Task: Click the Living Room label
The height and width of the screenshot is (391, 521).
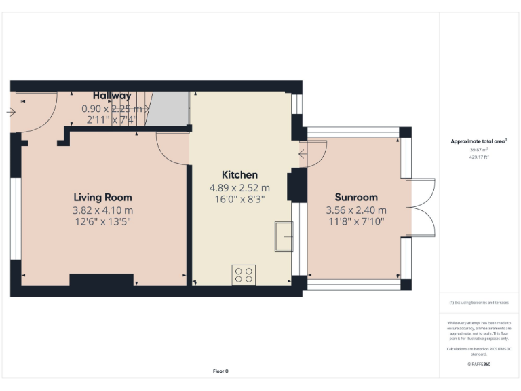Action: click(x=103, y=198)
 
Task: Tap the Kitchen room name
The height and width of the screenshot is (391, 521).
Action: click(x=240, y=174)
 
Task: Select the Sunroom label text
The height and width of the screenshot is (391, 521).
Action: click(x=355, y=198)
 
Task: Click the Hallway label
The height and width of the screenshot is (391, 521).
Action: click(x=112, y=96)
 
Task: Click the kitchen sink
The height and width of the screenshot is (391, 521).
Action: click(x=284, y=236)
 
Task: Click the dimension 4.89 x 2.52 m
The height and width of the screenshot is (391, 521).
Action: click(x=240, y=187)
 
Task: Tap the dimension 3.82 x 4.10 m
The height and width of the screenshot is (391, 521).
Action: click(x=103, y=210)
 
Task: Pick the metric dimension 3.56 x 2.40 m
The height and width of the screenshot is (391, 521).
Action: click(x=355, y=210)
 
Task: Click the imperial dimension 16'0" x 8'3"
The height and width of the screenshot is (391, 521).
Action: click(x=240, y=200)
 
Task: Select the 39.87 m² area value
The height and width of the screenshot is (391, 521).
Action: click(x=479, y=150)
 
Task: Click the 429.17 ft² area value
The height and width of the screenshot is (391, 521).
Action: click(x=479, y=157)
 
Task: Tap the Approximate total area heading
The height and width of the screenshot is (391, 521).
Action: click(x=479, y=141)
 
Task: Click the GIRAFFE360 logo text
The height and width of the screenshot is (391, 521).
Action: click(x=479, y=365)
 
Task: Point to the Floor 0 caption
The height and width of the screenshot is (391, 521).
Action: click(x=220, y=371)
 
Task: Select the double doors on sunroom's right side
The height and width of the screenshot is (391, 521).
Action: click(x=422, y=207)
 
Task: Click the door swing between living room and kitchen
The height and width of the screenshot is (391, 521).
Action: click(x=172, y=147)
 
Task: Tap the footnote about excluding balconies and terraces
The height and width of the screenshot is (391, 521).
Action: click(x=479, y=303)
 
